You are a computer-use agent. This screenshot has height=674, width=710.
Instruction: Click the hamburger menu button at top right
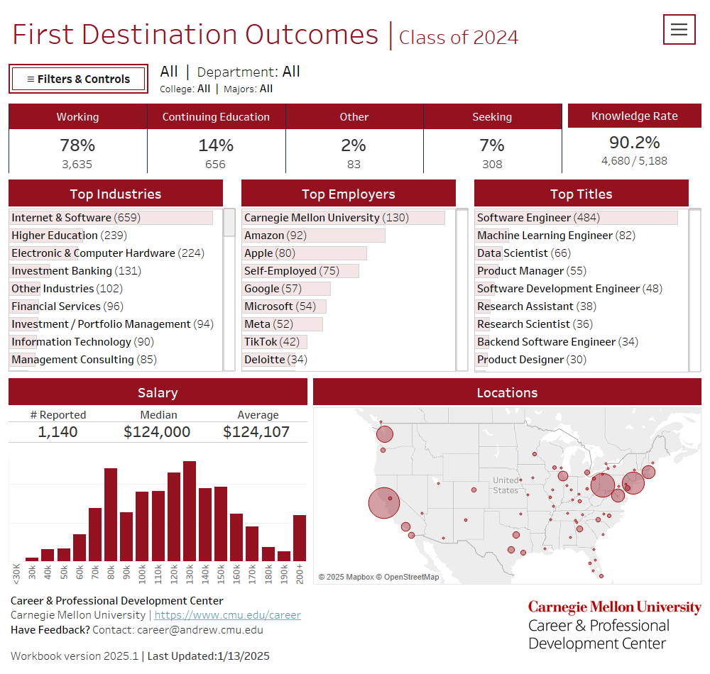[679, 29]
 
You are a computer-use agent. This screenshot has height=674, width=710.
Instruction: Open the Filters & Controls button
[78, 79]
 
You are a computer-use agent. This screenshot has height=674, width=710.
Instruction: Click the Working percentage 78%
[77, 145]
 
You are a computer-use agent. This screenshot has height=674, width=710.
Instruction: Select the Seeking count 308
[491, 165]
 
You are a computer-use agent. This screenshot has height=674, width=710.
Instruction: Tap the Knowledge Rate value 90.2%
[634, 142]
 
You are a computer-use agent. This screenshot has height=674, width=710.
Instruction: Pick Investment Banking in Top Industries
[62, 271]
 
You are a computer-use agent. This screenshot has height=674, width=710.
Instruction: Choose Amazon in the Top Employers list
[266, 236]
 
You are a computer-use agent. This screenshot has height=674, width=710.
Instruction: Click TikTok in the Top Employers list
[261, 342]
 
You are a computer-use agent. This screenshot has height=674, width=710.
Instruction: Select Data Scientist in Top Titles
[513, 253]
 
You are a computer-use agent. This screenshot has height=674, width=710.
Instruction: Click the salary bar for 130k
[190, 511]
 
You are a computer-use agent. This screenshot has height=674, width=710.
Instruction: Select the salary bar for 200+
[300, 538]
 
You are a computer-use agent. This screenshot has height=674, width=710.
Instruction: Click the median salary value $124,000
[157, 432]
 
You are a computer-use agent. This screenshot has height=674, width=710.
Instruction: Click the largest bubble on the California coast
[384, 503]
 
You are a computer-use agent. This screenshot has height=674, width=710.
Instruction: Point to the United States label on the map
[506, 485]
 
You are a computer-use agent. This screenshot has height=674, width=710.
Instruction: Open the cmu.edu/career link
[227, 615]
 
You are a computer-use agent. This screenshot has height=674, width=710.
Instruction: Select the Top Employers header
[348, 194]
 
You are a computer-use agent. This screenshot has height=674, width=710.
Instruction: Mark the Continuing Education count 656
[215, 165]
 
